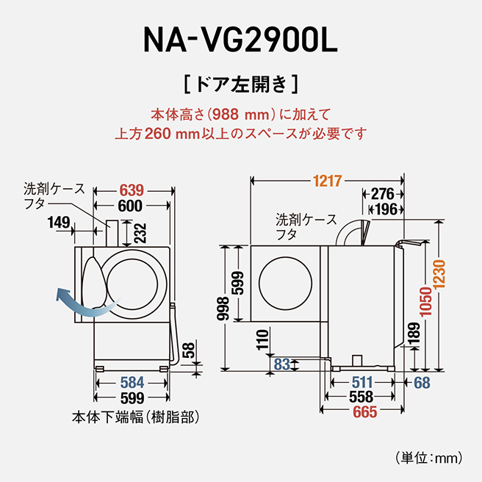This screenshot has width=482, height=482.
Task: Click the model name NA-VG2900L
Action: click(241, 41)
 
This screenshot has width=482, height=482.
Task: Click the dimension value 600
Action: click(130, 206)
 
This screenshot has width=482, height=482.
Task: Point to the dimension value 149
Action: click(60, 221)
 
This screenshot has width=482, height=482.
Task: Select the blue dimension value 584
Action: click(132, 383)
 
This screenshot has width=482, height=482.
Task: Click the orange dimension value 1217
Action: click(327, 180)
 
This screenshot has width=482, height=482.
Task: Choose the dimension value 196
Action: click(386, 209)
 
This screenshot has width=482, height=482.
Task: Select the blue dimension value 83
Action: click(281, 363)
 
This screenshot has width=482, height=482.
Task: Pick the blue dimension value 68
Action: click(421, 383)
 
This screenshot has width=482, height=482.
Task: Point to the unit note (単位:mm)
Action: click(429, 458)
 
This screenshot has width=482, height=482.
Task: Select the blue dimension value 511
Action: click(361, 383)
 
